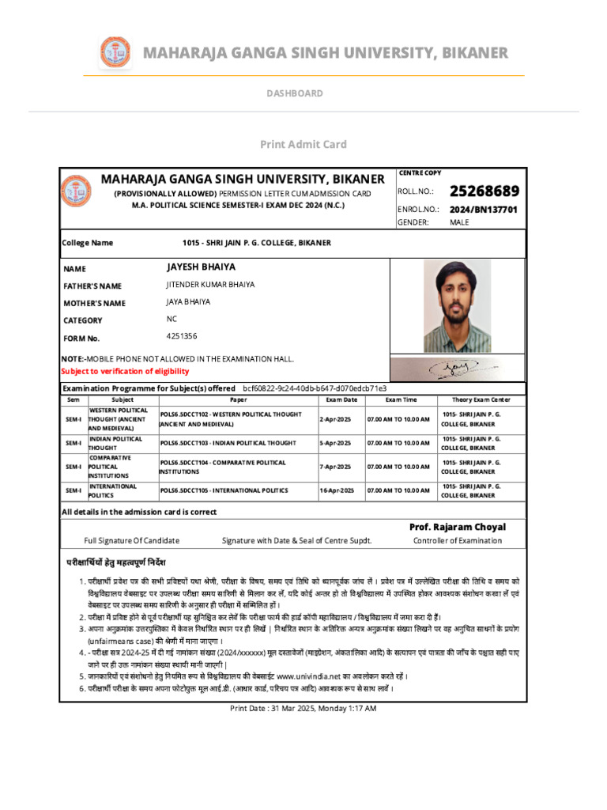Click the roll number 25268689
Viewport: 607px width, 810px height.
[x=484, y=191]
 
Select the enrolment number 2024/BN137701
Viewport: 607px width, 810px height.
[x=483, y=210]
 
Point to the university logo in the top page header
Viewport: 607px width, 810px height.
[x=115, y=53]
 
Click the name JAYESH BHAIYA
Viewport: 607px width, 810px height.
[x=201, y=267]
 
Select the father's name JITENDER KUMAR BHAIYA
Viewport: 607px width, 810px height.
[x=210, y=285]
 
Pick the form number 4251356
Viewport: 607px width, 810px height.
[x=182, y=336]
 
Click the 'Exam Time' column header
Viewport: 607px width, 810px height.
[x=401, y=400]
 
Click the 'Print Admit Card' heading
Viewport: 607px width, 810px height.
[x=303, y=144]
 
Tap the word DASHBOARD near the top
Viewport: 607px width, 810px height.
[x=294, y=93]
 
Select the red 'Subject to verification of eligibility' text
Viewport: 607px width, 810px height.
[x=126, y=371]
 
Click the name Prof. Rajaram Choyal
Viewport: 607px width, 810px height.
[x=457, y=527]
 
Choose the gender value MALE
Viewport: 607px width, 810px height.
[x=459, y=222]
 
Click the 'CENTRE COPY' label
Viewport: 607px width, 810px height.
[x=420, y=172]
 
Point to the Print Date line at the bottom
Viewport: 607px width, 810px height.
[x=303, y=708]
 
